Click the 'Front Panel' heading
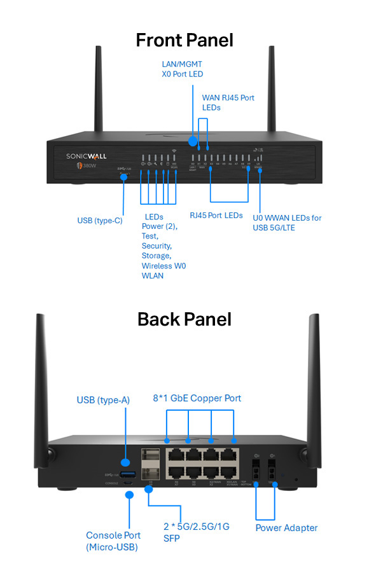184,39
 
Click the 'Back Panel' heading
184,319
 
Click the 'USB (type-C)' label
100,221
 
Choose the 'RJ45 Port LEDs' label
216,215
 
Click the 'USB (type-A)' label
103,399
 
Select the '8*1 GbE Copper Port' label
197,398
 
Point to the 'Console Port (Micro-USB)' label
112,541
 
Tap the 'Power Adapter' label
286,527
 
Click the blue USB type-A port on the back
128,475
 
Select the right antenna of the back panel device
314,375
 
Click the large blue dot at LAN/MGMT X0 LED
193,139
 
